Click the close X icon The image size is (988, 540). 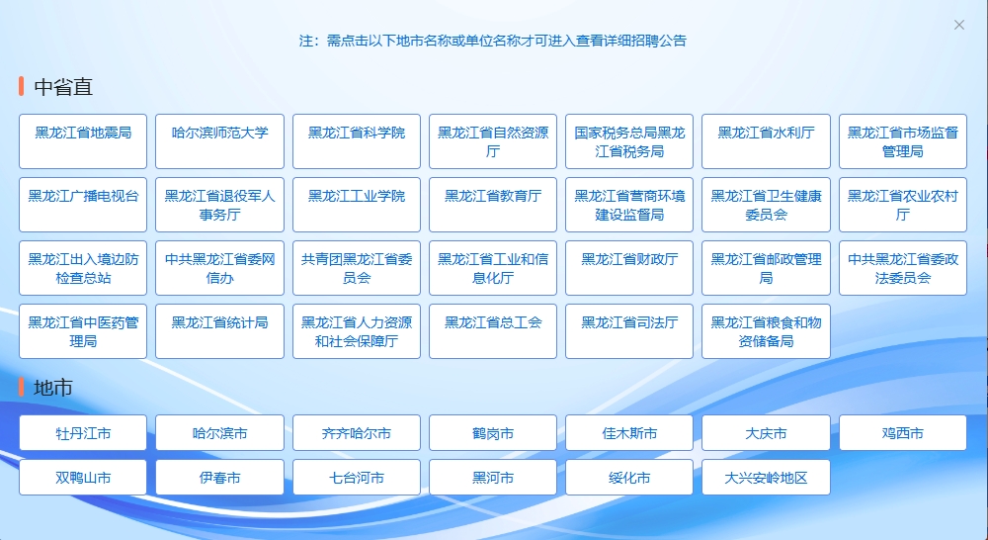pos(959,25)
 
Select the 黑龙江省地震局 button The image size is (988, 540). pos(83,141)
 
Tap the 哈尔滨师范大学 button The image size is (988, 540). pos(220,141)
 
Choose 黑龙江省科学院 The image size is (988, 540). pos(357,141)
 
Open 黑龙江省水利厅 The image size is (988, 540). pos(767,141)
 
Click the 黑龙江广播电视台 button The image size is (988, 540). pos(83,205)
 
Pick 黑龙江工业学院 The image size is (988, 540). pos(357,205)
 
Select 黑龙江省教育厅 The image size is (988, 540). pos(493,205)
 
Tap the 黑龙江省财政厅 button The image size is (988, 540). pos(629,267)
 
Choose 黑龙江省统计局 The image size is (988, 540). pos(220,331)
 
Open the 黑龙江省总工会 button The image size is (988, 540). pos(493,331)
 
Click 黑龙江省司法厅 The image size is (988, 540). pos(629,331)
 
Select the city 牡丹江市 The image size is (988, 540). pos(83,433)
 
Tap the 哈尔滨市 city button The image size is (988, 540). pos(220,433)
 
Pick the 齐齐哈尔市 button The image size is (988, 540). pos(357,433)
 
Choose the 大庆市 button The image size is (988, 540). pos(767,433)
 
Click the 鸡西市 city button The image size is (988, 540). pos(903,433)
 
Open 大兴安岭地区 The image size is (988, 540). pos(767,477)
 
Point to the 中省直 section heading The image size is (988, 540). pos(63,86)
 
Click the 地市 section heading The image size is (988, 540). pos(53,388)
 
